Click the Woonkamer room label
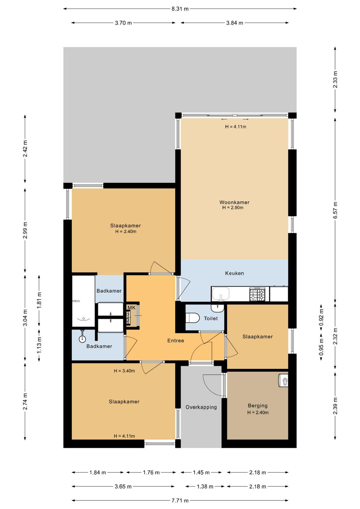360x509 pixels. (x=234, y=202)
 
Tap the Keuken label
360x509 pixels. (x=234, y=273)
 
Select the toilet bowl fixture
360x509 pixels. (x=192, y=318)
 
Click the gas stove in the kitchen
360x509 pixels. (x=257, y=294)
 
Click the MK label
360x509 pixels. (x=132, y=308)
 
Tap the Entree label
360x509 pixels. (x=176, y=340)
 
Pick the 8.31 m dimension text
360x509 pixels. (x=180, y=9)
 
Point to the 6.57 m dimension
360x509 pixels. (x=335, y=210)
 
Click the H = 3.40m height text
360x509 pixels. (x=124, y=371)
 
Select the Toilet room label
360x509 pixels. (x=211, y=318)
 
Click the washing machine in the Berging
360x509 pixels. (x=283, y=380)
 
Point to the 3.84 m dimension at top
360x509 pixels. (x=234, y=23)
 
